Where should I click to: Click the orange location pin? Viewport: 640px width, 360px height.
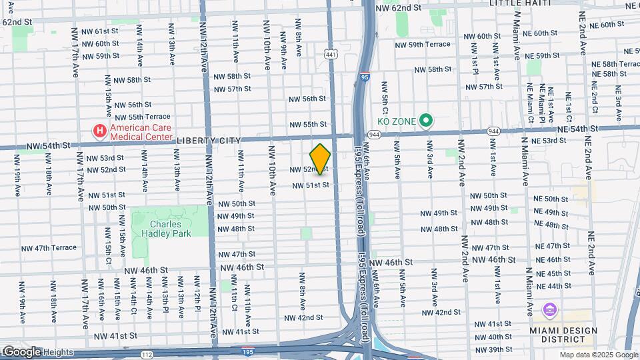320,159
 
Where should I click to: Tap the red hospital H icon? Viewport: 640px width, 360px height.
100,129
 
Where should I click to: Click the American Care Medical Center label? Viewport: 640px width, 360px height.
141,133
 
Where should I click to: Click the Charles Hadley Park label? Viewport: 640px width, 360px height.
170,229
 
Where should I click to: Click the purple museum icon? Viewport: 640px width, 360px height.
549,310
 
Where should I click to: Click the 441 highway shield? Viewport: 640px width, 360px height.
331,53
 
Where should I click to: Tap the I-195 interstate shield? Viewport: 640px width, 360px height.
247,350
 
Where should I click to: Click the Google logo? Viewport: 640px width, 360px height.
21,351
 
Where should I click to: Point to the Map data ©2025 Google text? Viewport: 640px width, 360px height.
598,355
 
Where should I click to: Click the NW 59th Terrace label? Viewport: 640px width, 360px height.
423,45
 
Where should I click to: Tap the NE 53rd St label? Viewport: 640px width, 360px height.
549,141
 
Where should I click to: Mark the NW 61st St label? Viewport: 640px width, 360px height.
100,31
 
